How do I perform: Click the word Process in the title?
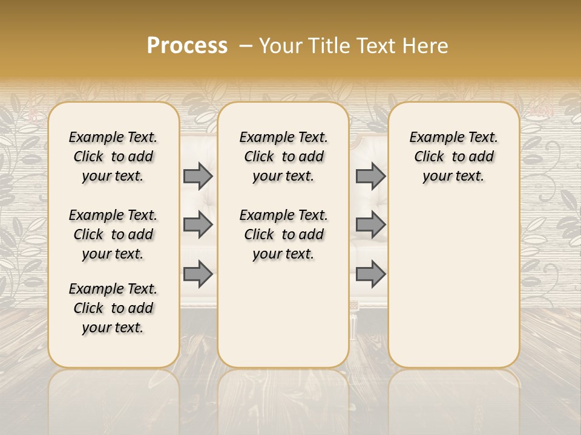point(187,46)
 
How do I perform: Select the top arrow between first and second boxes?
point(198,176)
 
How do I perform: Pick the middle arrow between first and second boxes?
point(198,225)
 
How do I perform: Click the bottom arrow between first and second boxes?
point(198,274)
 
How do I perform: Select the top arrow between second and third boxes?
point(370,176)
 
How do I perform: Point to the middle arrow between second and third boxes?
point(370,225)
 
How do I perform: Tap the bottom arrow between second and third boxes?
point(370,274)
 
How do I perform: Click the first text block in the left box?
point(113,156)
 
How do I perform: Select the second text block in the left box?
point(113,234)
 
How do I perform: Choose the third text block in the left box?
point(113,308)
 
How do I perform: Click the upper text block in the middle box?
point(283,156)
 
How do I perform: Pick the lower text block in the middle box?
point(283,234)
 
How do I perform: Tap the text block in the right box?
point(453,156)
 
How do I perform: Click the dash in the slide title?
point(246,46)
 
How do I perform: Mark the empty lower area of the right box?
point(453,284)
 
